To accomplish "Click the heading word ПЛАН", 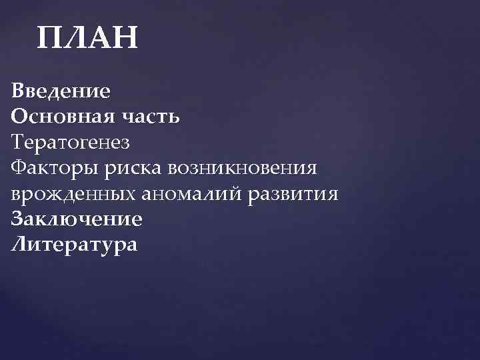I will click(87, 39).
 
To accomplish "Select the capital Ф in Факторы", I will click(19, 168).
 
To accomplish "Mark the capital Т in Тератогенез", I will click(18, 142).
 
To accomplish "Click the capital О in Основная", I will click(19, 117).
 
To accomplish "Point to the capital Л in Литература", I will click(19, 245).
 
